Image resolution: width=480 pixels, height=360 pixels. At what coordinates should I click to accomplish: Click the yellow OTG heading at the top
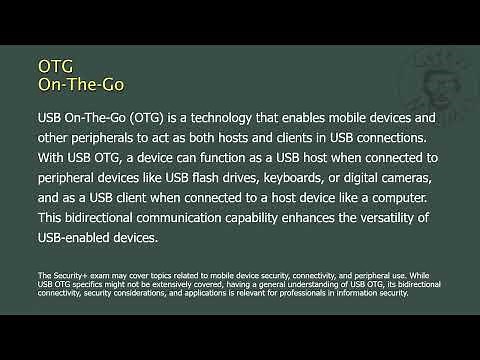55,65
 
